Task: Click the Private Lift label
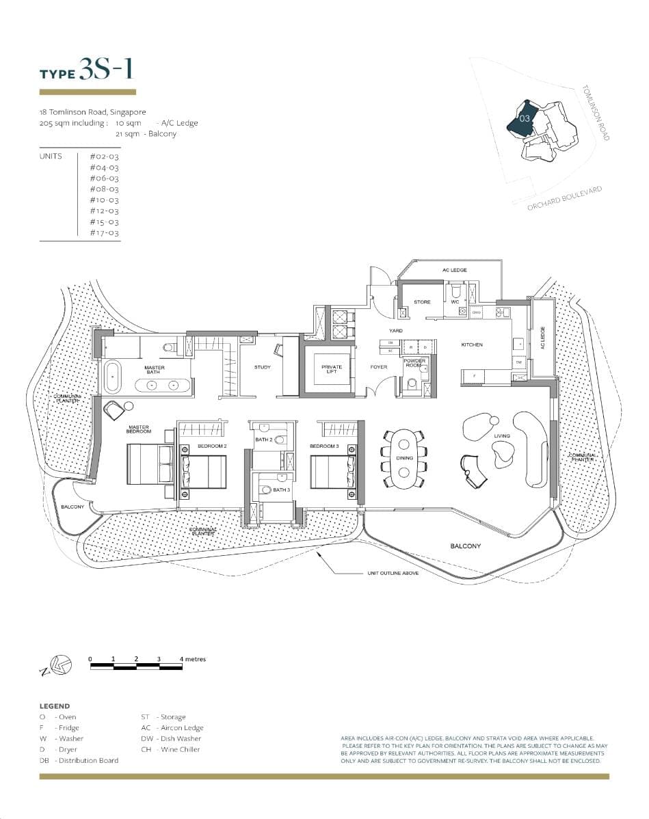click(x=332, y=368)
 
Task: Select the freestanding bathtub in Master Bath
click(x=112, y=377)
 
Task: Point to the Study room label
click(x=263, y=367)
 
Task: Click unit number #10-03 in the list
click(x=104, y=200)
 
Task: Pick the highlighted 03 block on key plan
click(x=524, y=118)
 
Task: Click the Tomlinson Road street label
click(x=595, y=113)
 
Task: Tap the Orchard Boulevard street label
click(x=564, y=199)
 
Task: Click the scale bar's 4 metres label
click(x=192, y=659)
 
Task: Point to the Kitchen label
click(x=472, y=345)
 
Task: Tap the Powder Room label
click(x=414, y=362)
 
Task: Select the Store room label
click(x=422, y=302)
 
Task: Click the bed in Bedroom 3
click(x=332, y=470)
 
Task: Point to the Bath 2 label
click(x=264, y=440)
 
